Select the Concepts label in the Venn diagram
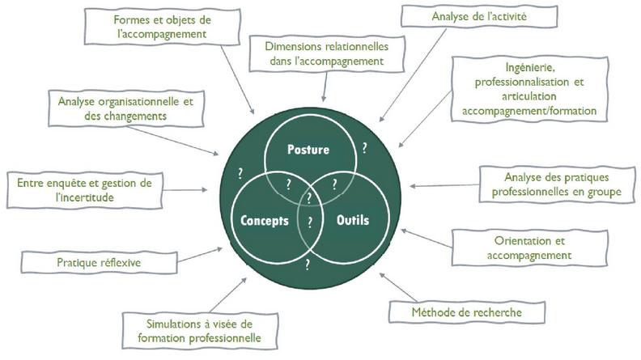(x=265, y=220)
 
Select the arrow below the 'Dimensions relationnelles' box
(x=325, y=83)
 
